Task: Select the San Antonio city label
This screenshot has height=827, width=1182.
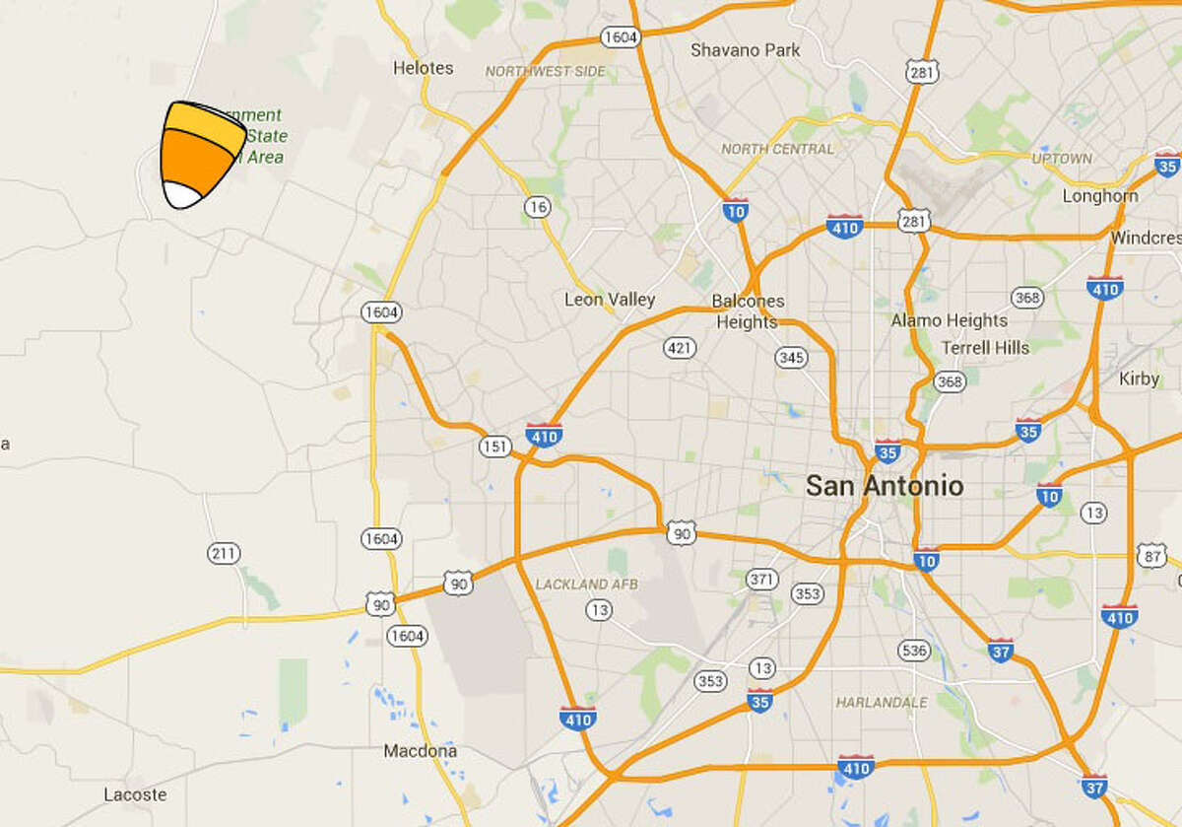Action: coord(884,485)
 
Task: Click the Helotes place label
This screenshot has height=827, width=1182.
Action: coord(424,68)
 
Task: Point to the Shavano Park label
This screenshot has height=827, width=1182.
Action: coord(746,49)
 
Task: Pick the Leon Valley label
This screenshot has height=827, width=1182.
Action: coord(610,300)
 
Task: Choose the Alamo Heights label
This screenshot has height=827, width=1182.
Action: coord(949,320)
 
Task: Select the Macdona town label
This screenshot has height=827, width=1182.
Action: coord(421,751)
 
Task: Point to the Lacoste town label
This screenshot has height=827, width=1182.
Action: coord(135,794)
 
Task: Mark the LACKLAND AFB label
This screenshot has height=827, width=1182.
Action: coord(586,585)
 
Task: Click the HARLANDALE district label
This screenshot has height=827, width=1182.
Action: coord(882,703)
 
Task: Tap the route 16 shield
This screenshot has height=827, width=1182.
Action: coord(537,206)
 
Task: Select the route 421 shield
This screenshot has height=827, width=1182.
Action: coord(680,348)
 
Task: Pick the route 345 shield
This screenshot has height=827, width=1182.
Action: coord(791,358)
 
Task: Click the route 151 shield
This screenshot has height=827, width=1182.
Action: coord(495,447)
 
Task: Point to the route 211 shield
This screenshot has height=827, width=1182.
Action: coord(224,553)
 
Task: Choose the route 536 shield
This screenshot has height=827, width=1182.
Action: coord(913,650)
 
